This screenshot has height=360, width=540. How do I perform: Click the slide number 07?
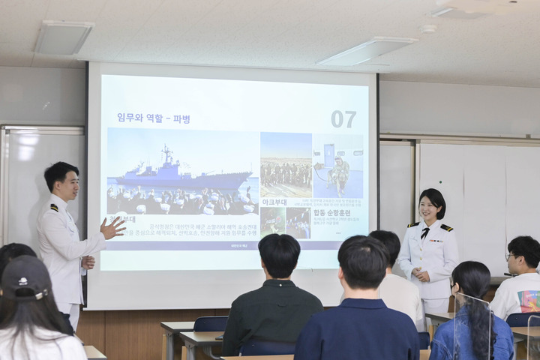point(343,118)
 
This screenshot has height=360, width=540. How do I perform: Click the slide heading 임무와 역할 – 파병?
point(154,118)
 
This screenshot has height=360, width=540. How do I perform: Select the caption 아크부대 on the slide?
point(275,201)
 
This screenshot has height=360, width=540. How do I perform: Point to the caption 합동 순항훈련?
point(331,212)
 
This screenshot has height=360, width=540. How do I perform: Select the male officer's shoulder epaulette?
point(54,208)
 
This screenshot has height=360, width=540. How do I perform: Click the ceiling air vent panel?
point(64,37)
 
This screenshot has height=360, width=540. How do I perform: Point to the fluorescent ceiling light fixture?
point(367,52)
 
